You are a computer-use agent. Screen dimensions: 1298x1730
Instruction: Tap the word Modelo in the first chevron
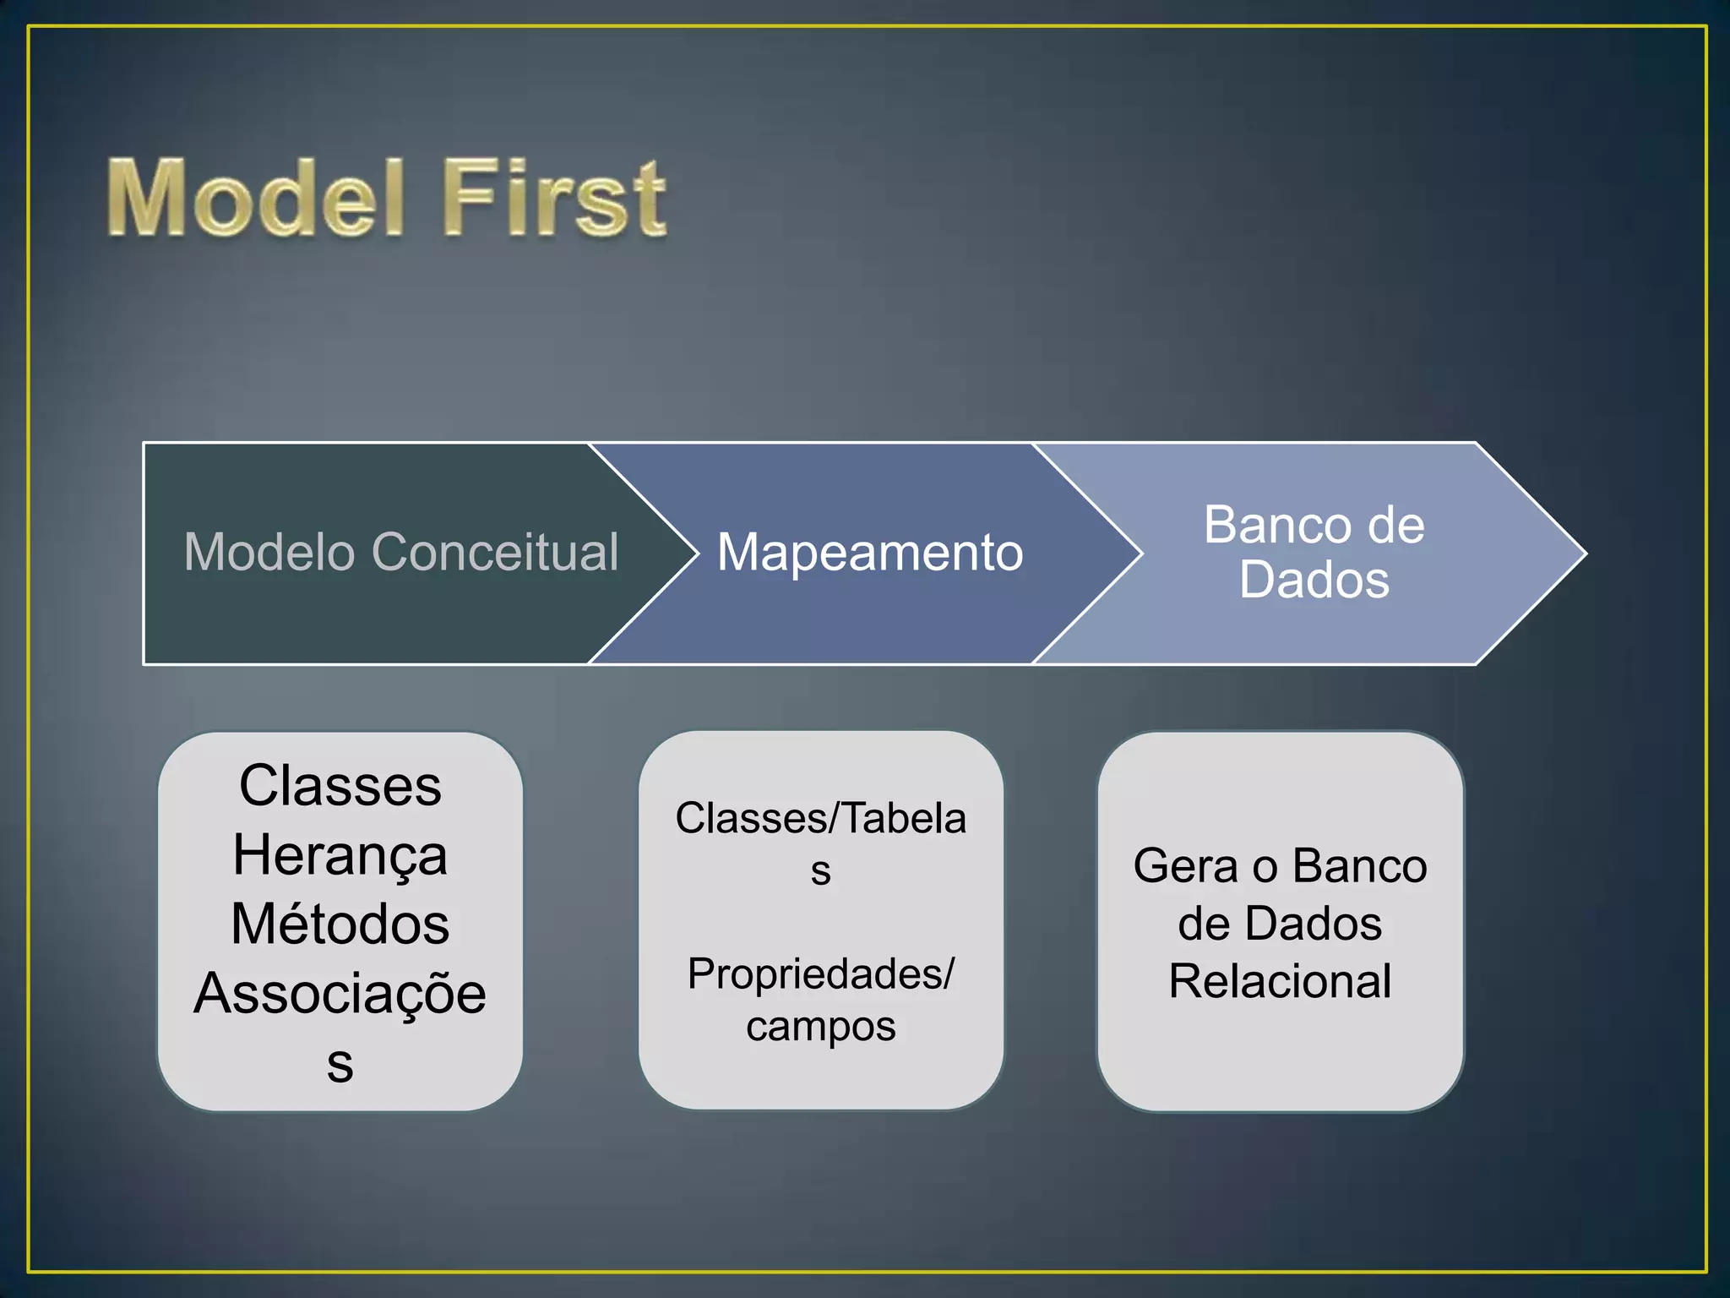269,552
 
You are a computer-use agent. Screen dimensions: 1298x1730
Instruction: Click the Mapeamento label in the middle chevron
869,552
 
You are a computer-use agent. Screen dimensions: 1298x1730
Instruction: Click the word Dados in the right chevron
1314,580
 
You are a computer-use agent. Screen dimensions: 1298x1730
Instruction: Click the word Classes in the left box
340,785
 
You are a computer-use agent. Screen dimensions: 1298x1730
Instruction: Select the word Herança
340,855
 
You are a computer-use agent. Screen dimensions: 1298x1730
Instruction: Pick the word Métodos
340,924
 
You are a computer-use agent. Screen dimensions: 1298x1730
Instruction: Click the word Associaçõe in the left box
340,993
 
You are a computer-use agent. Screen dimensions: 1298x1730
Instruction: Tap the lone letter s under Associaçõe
340,1065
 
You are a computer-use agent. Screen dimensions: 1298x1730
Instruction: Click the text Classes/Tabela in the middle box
820,818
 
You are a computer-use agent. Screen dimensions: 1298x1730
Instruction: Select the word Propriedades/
820,974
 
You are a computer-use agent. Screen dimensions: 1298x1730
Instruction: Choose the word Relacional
1279,981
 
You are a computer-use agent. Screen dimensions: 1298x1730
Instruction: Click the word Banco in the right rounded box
1359,866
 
